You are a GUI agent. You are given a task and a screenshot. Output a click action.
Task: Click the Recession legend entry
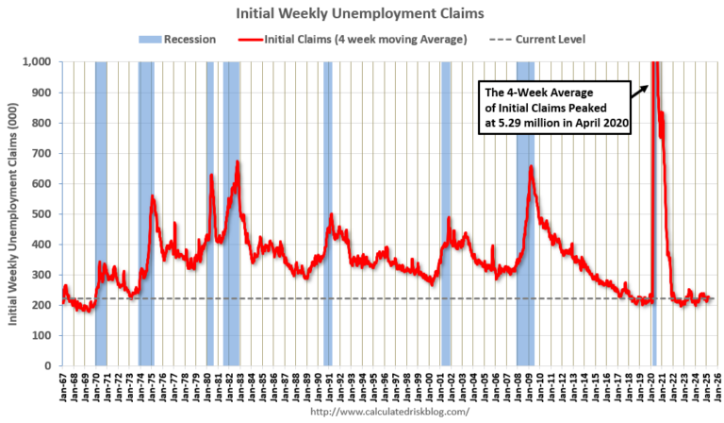pyautogui.click(x=178, y=40)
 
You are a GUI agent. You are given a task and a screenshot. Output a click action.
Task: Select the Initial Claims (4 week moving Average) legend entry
pyautogui.click(x=359, y=40)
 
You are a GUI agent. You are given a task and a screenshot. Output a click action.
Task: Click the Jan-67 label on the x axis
pyautogui.click(x=63, y=389)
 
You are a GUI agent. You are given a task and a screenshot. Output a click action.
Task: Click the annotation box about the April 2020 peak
pyautogui.click(x=554, y=107)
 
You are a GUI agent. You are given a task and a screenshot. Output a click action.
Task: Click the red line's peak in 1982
pyautogui.click(x=238, y=162)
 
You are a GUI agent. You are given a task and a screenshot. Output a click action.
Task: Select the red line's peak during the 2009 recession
pyautogui.click(x=532, y=167)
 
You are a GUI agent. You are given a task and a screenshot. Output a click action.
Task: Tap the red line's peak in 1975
pyautogui.click(x=152, y=196)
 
